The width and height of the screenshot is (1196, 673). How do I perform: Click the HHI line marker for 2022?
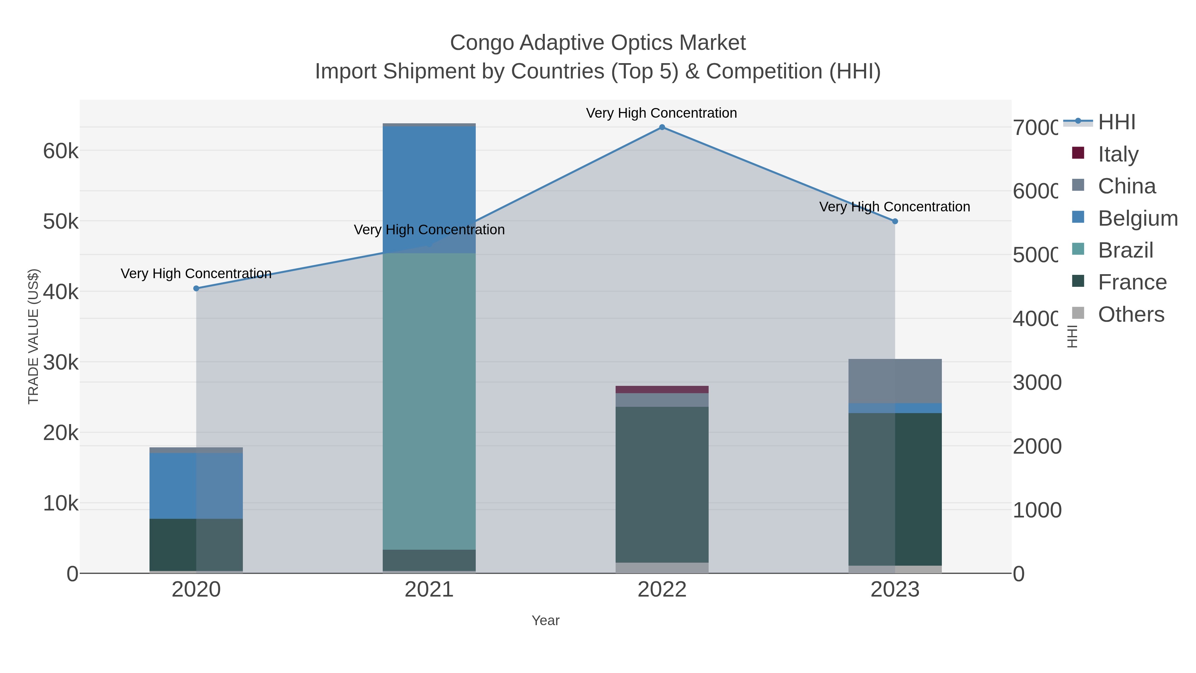coord(662,127)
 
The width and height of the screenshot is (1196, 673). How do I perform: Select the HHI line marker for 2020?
coord(196,288)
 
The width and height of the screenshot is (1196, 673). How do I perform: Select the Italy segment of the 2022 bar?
coord(662,389)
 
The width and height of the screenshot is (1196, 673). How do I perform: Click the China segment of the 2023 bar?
coord(895,381)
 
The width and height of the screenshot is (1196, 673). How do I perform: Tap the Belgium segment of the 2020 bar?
coord(196,485)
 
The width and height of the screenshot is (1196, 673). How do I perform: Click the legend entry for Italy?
coord(1118,154)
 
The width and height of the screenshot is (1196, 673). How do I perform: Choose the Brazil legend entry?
coord(1126,250)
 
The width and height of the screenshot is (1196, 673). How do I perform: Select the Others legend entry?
coord(1131,314)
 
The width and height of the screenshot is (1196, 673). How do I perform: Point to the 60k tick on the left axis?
coord(61,151)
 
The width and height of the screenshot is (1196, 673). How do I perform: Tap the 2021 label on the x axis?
coord(429,590)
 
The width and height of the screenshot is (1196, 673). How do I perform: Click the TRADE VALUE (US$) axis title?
coord(34,336)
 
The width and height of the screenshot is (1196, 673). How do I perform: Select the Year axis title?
coord(546,620)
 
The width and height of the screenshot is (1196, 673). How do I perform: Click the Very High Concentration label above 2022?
coord(661,113)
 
